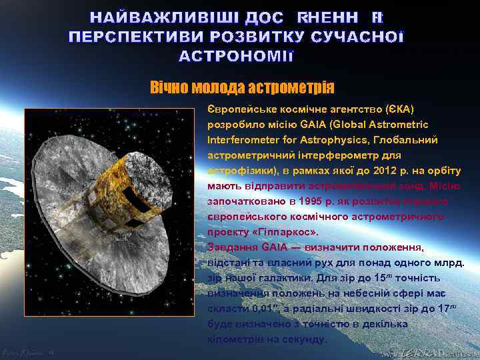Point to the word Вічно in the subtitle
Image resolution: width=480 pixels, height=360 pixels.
pos(169,87)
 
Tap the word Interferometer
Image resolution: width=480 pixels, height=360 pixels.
pos(231,140)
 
